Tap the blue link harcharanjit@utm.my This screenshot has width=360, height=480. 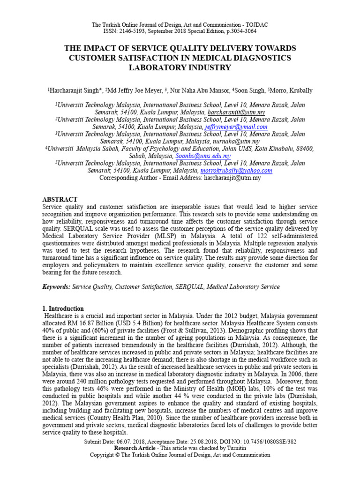(236, 113)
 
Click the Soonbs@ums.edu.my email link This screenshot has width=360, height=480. (203, 156)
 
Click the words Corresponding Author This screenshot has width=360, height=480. (125, 178)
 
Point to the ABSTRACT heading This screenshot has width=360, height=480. (60, 200)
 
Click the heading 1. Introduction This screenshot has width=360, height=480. (63, 309)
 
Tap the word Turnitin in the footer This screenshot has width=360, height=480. (231, 448)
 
